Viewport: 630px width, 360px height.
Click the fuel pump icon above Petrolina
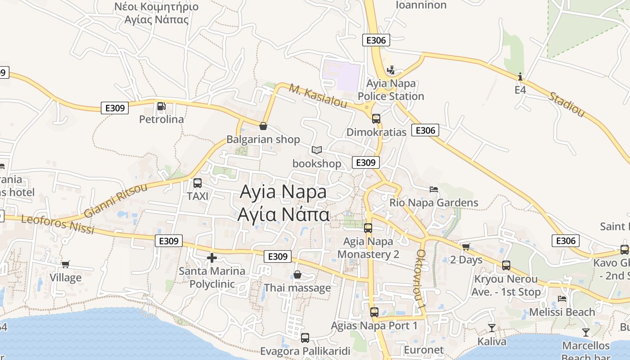click(x=161, y=106)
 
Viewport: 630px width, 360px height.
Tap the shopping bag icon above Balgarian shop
click(x=263, y=126)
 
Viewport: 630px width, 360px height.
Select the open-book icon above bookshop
click(x=317, y=150)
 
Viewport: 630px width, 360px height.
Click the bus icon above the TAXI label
click(x=197, y=183)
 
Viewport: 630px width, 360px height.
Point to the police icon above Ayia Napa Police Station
click(x=391, y=70)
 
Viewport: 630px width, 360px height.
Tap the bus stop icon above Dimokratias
click(x=376, y=119)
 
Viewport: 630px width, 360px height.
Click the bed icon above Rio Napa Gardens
click(x=434, y=189)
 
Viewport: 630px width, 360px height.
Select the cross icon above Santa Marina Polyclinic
click(x=211, y=258)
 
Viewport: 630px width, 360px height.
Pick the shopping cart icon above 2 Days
click(x=466, y=247)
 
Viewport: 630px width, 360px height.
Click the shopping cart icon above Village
click(x=66, y=264)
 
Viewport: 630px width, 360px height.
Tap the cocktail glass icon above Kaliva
click(x=492, y=328)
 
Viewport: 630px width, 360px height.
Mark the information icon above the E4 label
click(x=520, y=76)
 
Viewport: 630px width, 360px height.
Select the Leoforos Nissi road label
click(x=58, y=224)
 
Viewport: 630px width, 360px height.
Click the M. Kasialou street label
click(x=318, y=96)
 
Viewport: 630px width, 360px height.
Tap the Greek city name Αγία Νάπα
click(x=283, y=215)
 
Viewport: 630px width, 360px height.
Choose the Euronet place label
click(x=424, y=350)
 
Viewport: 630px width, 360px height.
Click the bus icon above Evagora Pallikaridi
click(x=305, y=337)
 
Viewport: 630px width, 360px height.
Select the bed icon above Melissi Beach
click(x=562, y=298)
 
